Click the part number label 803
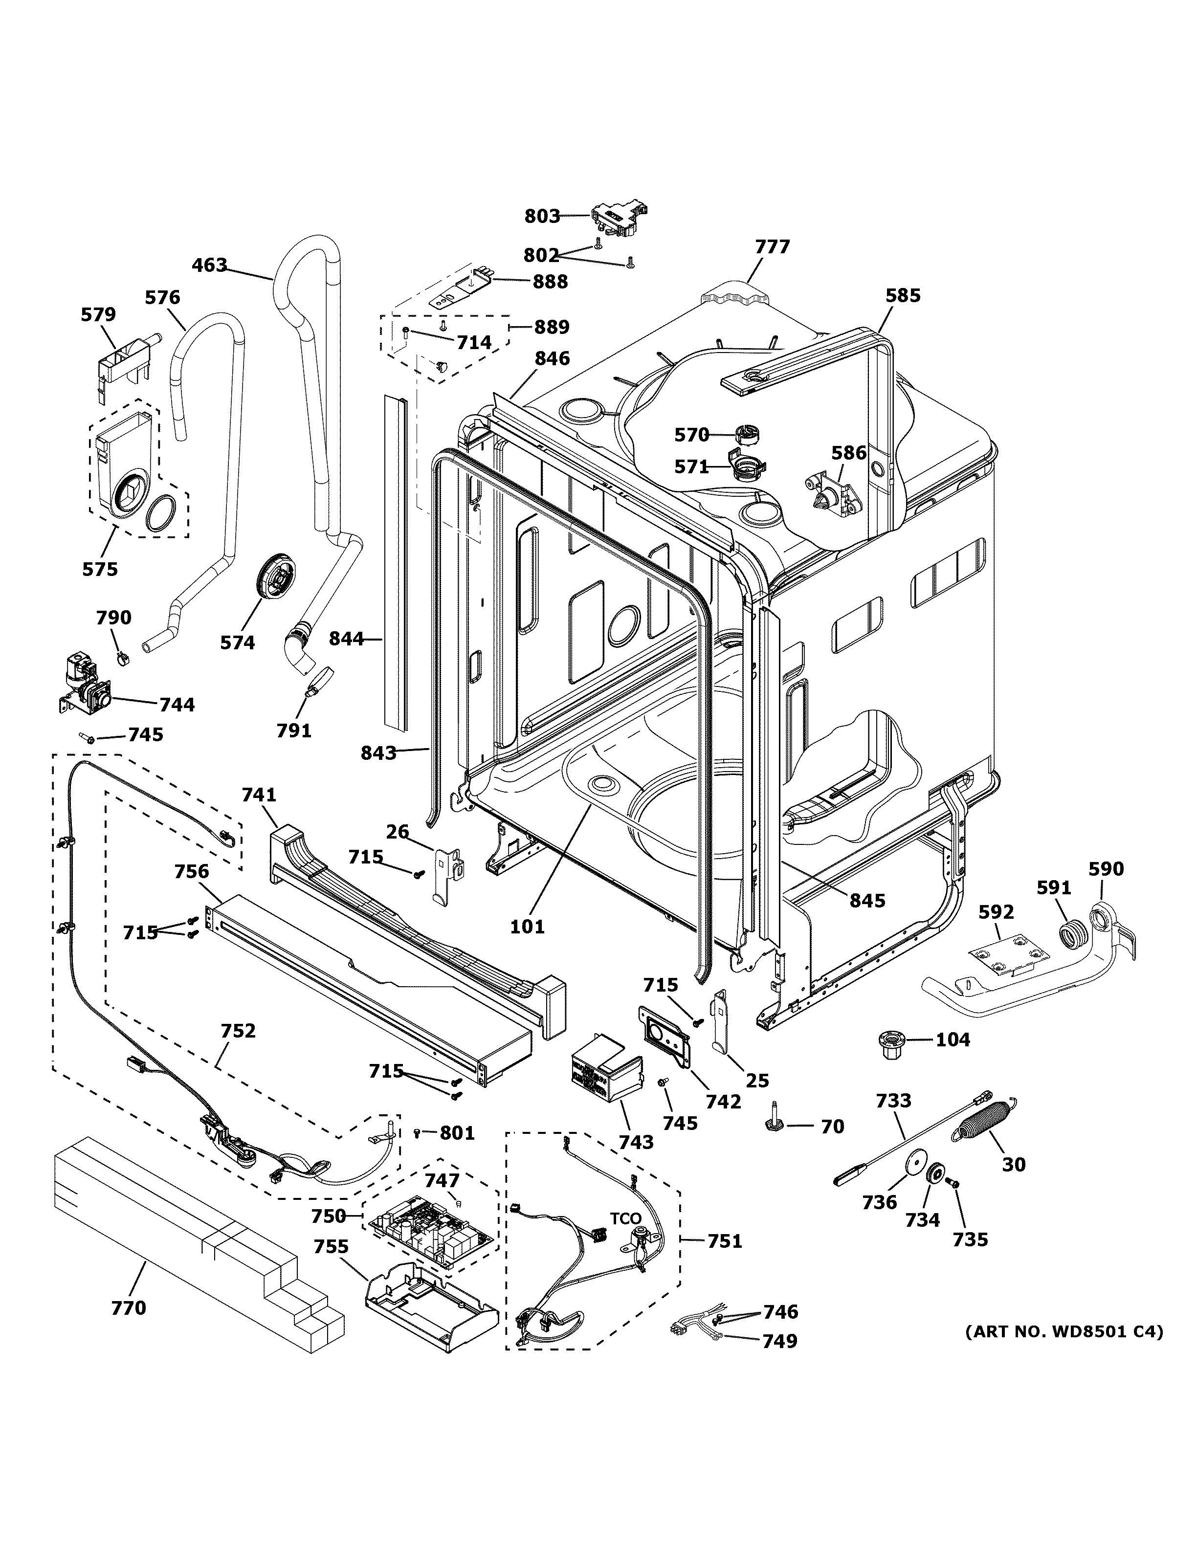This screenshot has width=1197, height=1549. point(542,216)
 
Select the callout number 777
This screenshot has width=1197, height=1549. point(772,247)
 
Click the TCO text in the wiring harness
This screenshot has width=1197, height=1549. point(625,1219)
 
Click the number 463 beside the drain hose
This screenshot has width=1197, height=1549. point(209,266)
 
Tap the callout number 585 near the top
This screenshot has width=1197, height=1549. point(903,296)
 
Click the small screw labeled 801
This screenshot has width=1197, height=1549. point(418,1133)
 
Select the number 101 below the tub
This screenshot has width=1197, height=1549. point(528,926)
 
